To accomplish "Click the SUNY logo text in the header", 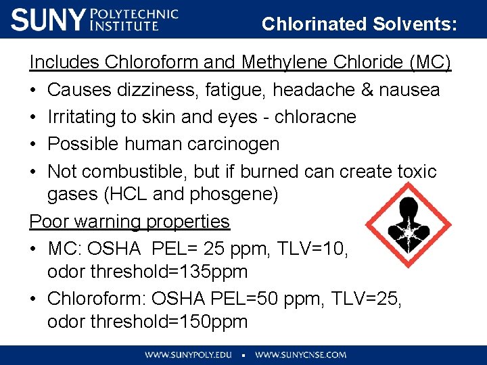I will (x=49, y=20).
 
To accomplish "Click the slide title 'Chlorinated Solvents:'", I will (x=359, y=24).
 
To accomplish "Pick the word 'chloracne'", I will (x=315, y=116).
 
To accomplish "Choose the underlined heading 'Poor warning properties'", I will (x=129, y=221).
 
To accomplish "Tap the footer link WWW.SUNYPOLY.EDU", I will (x=189, y=354).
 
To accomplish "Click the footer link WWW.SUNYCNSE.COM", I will (x=300, y=354).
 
